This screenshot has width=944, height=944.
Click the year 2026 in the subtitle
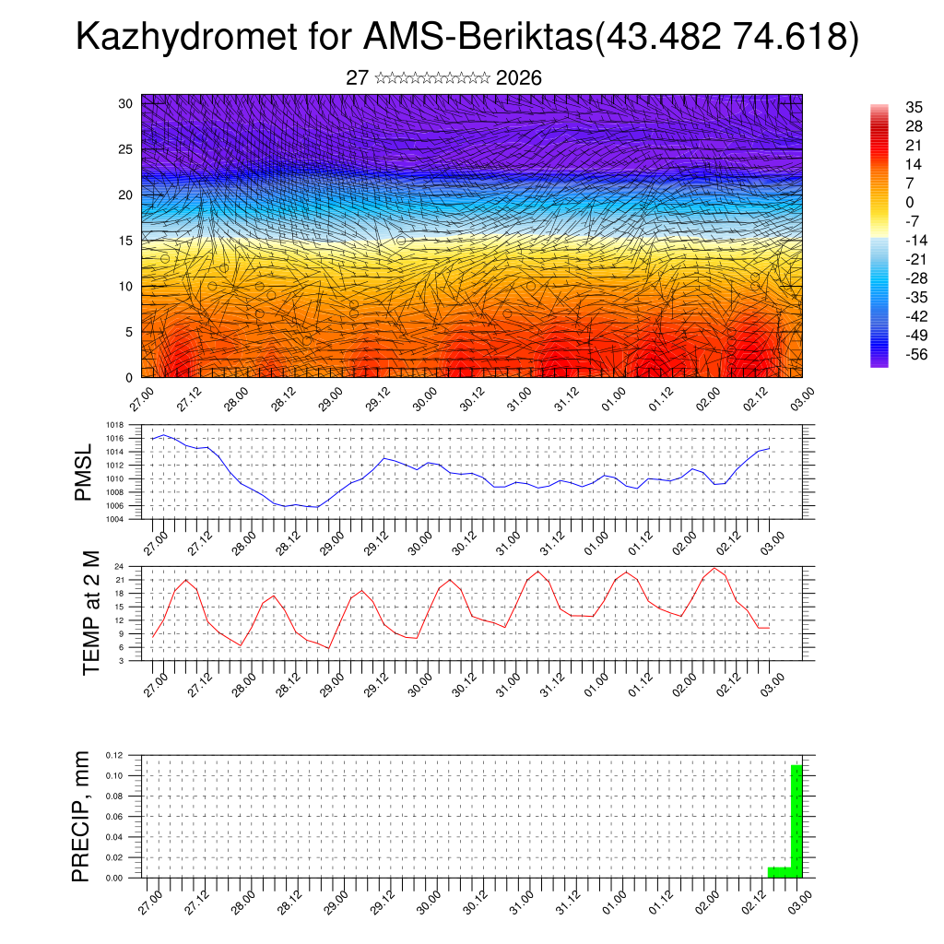coord(518,78)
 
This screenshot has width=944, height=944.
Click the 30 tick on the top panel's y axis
coord(126,103)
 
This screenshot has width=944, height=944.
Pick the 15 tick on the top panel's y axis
coord(126,241)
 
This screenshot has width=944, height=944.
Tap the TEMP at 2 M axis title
coord(91,614)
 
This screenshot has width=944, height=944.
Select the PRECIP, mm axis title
coord(82,817)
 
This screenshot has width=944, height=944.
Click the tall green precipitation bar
coord(796,820)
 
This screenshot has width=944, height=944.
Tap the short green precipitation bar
coord(779,872)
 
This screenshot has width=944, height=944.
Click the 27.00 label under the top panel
coord(141,399)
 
